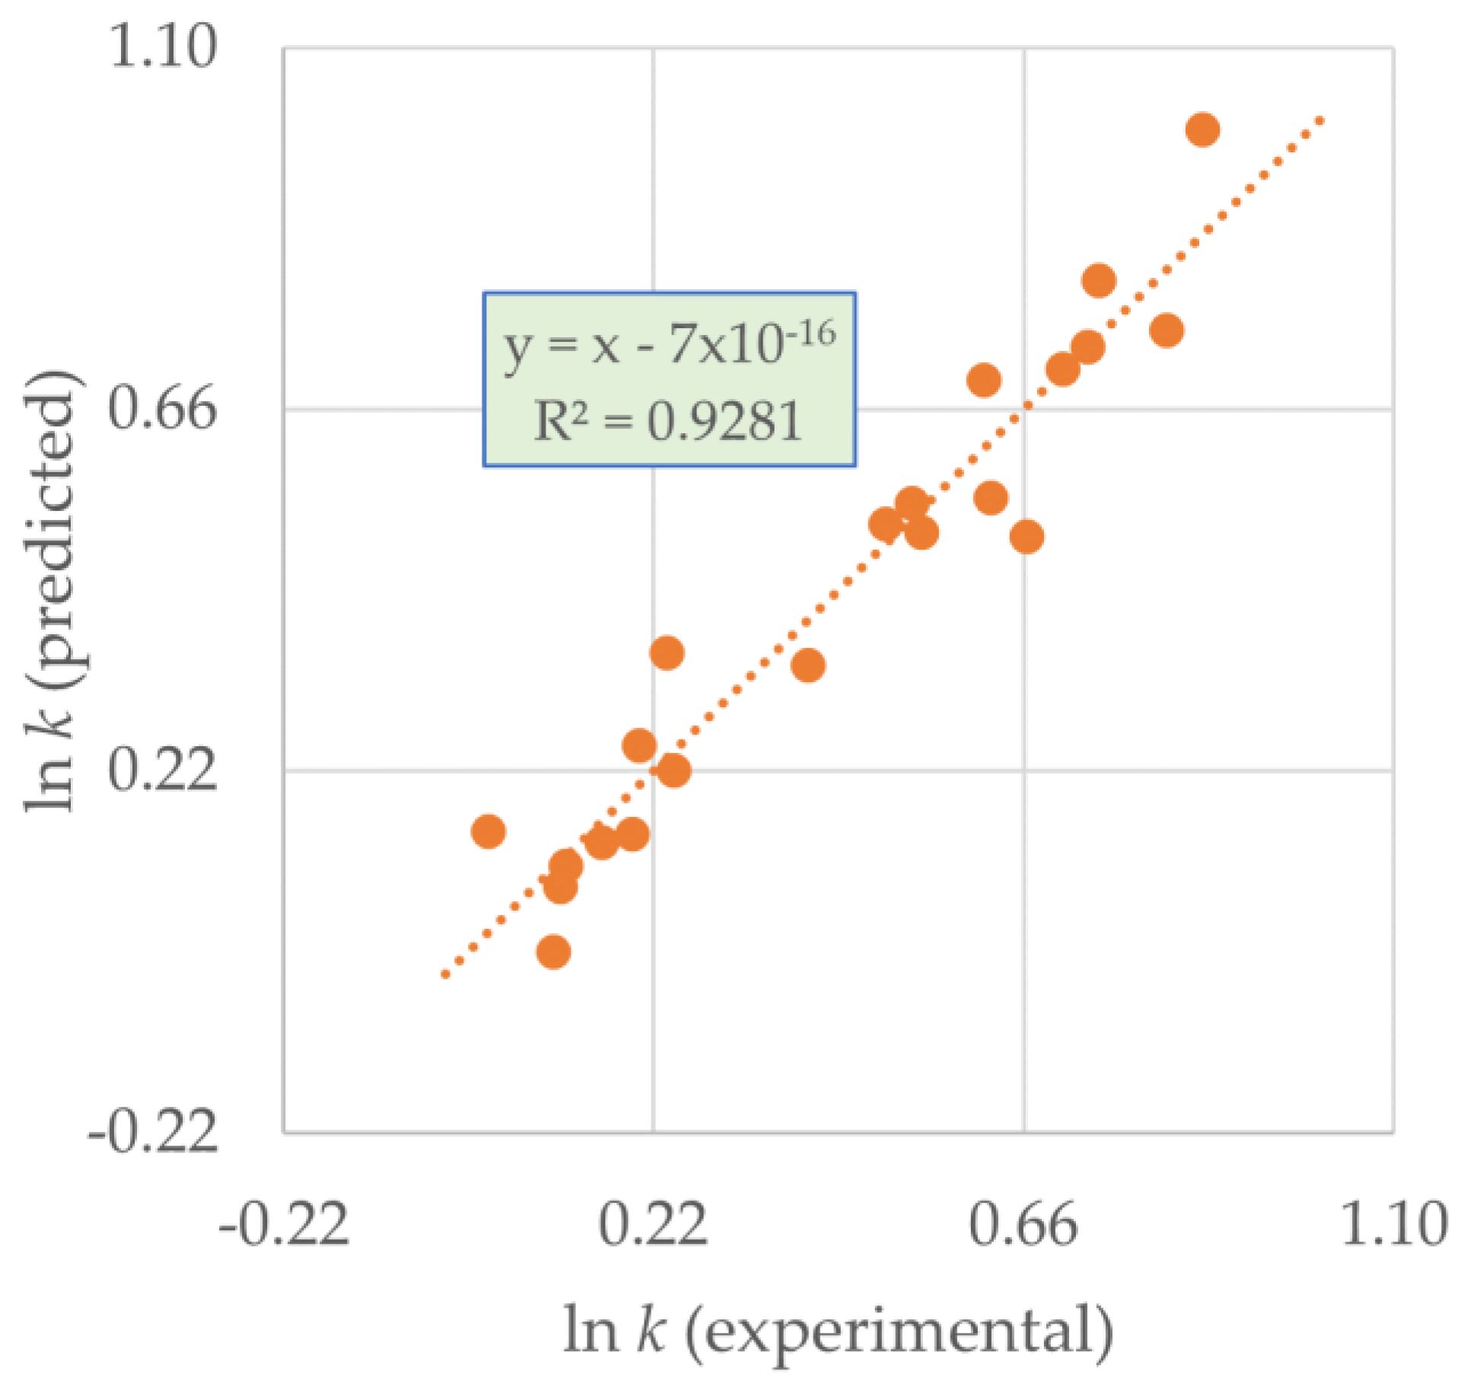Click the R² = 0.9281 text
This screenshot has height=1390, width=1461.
[668, 421]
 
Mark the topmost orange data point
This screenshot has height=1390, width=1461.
[1202, 129]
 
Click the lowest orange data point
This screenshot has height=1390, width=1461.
[553, 952]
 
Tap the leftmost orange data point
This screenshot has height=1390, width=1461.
[489, 830]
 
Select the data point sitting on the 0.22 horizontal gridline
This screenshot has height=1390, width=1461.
[673, 770]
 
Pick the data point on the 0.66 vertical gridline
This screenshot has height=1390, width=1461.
[1027, 537]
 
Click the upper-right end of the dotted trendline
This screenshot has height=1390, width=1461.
[1321, 120]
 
